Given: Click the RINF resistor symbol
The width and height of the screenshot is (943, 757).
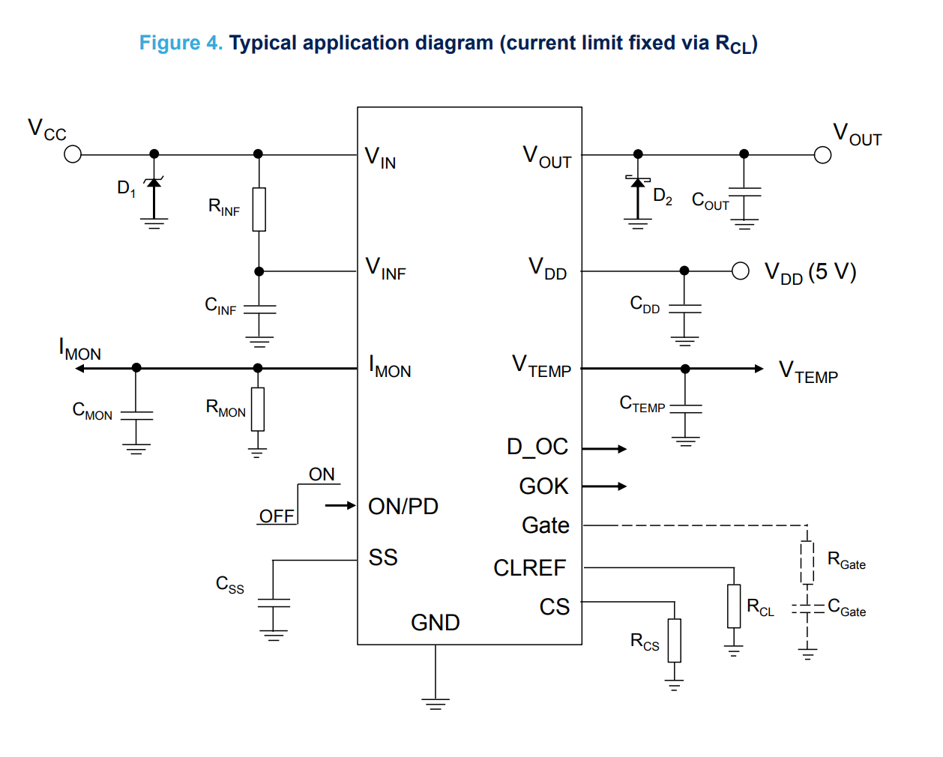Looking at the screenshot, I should coord(259,209).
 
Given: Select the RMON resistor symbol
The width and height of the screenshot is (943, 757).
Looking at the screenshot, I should coord(258,409).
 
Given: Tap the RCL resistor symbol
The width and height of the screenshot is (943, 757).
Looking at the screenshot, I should coord(734,606).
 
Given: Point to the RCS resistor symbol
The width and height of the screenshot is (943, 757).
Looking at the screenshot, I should coord(675,640).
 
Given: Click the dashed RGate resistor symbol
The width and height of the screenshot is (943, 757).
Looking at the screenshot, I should coord(807,562).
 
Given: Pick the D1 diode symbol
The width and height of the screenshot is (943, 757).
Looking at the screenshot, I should coord(154,183).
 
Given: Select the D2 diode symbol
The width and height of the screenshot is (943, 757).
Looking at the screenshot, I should coord(638,182).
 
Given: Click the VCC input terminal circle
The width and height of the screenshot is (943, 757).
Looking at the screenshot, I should coord(73,154).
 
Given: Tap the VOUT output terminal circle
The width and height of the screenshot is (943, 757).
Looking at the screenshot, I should coord(822,155).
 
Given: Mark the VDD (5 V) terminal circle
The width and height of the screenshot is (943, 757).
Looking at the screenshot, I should coord(741,271).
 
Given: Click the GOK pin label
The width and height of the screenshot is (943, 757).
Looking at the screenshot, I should coord(543,486).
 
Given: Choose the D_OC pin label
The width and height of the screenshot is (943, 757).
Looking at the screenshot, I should coord(537,447).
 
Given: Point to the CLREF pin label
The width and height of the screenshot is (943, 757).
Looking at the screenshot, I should coord(529,568).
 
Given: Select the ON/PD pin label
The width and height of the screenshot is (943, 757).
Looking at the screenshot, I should coord(403,507).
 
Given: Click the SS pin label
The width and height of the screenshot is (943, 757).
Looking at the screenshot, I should coord(383,558).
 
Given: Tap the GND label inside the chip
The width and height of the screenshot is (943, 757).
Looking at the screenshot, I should coord(436,623).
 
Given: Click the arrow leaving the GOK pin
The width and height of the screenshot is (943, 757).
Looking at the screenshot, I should coord(605,486).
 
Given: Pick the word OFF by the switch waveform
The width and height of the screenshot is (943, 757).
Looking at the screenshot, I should coord(277,516).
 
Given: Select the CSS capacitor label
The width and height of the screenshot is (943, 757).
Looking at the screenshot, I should coord(229,585).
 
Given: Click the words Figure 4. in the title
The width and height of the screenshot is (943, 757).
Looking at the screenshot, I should coord(181,43).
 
